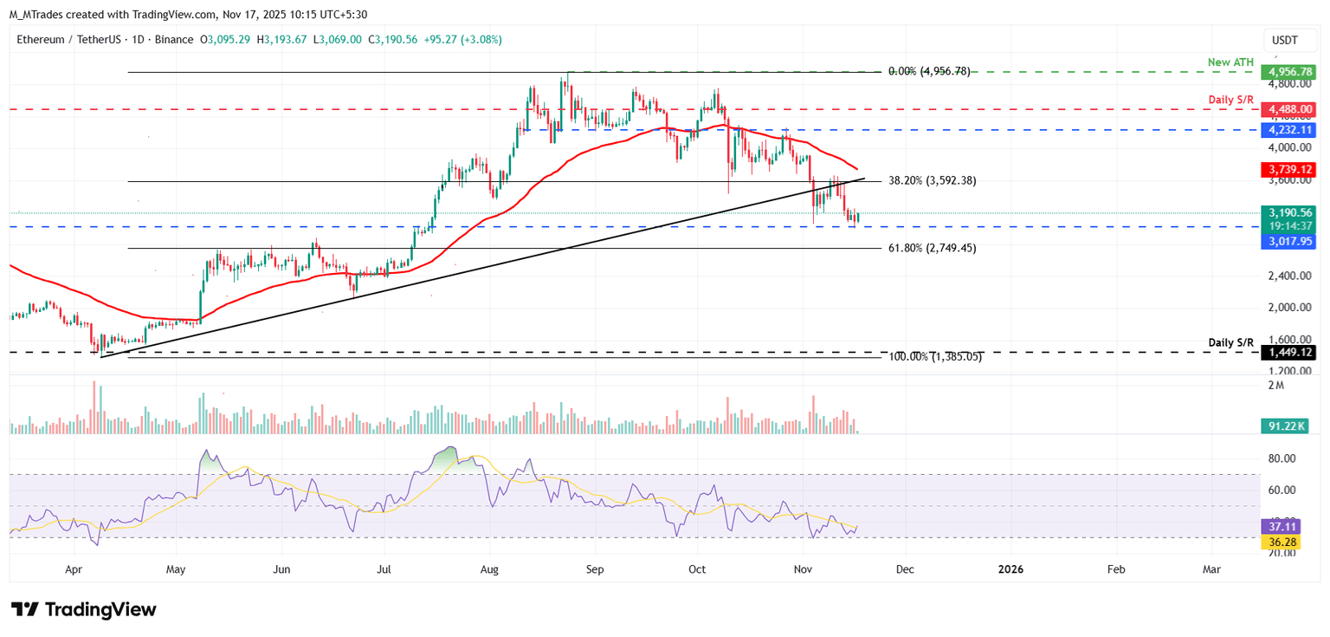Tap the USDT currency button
click(x=1283, y=40)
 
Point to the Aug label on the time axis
click(x=489, y=569)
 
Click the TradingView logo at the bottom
click(x=84, y=609)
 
